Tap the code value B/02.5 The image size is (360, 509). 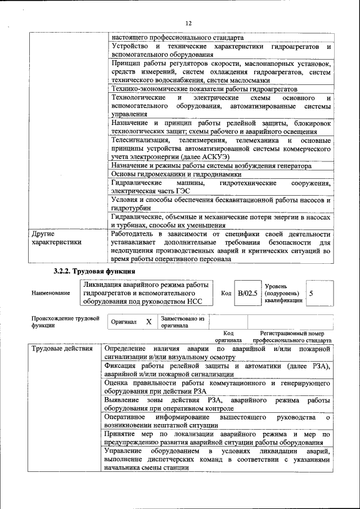[x=247, y=293]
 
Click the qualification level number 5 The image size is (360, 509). [x=311, y=293]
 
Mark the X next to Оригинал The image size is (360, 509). [x=148, y=322]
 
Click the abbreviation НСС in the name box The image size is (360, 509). [x=192, y=301]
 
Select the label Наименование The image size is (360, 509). [x=51, y=293]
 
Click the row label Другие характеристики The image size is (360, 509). [x=56, y=238]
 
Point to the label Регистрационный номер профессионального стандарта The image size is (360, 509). [x=292, y=337]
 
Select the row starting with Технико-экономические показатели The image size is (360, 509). [x=204, y=89]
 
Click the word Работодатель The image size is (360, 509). [x=135, y=234]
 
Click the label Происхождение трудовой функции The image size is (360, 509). [x=61, y=322]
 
